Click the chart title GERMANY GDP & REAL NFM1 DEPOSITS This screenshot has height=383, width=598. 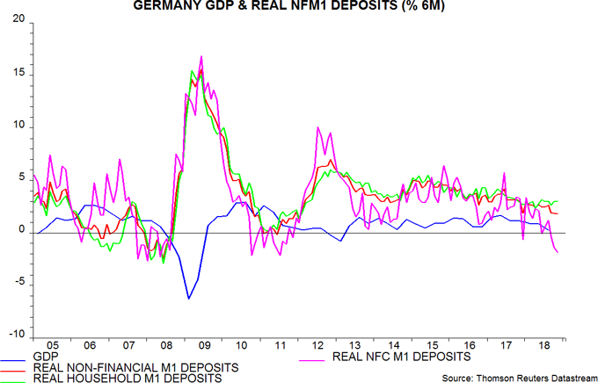(298, 7)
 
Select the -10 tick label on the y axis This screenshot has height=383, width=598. (17, 336)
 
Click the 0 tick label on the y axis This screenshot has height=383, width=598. (22, 231)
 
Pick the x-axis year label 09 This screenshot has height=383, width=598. (204, 345)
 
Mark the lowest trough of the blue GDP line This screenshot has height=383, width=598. (188, 299)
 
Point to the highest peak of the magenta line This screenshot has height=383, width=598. (201, 56)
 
